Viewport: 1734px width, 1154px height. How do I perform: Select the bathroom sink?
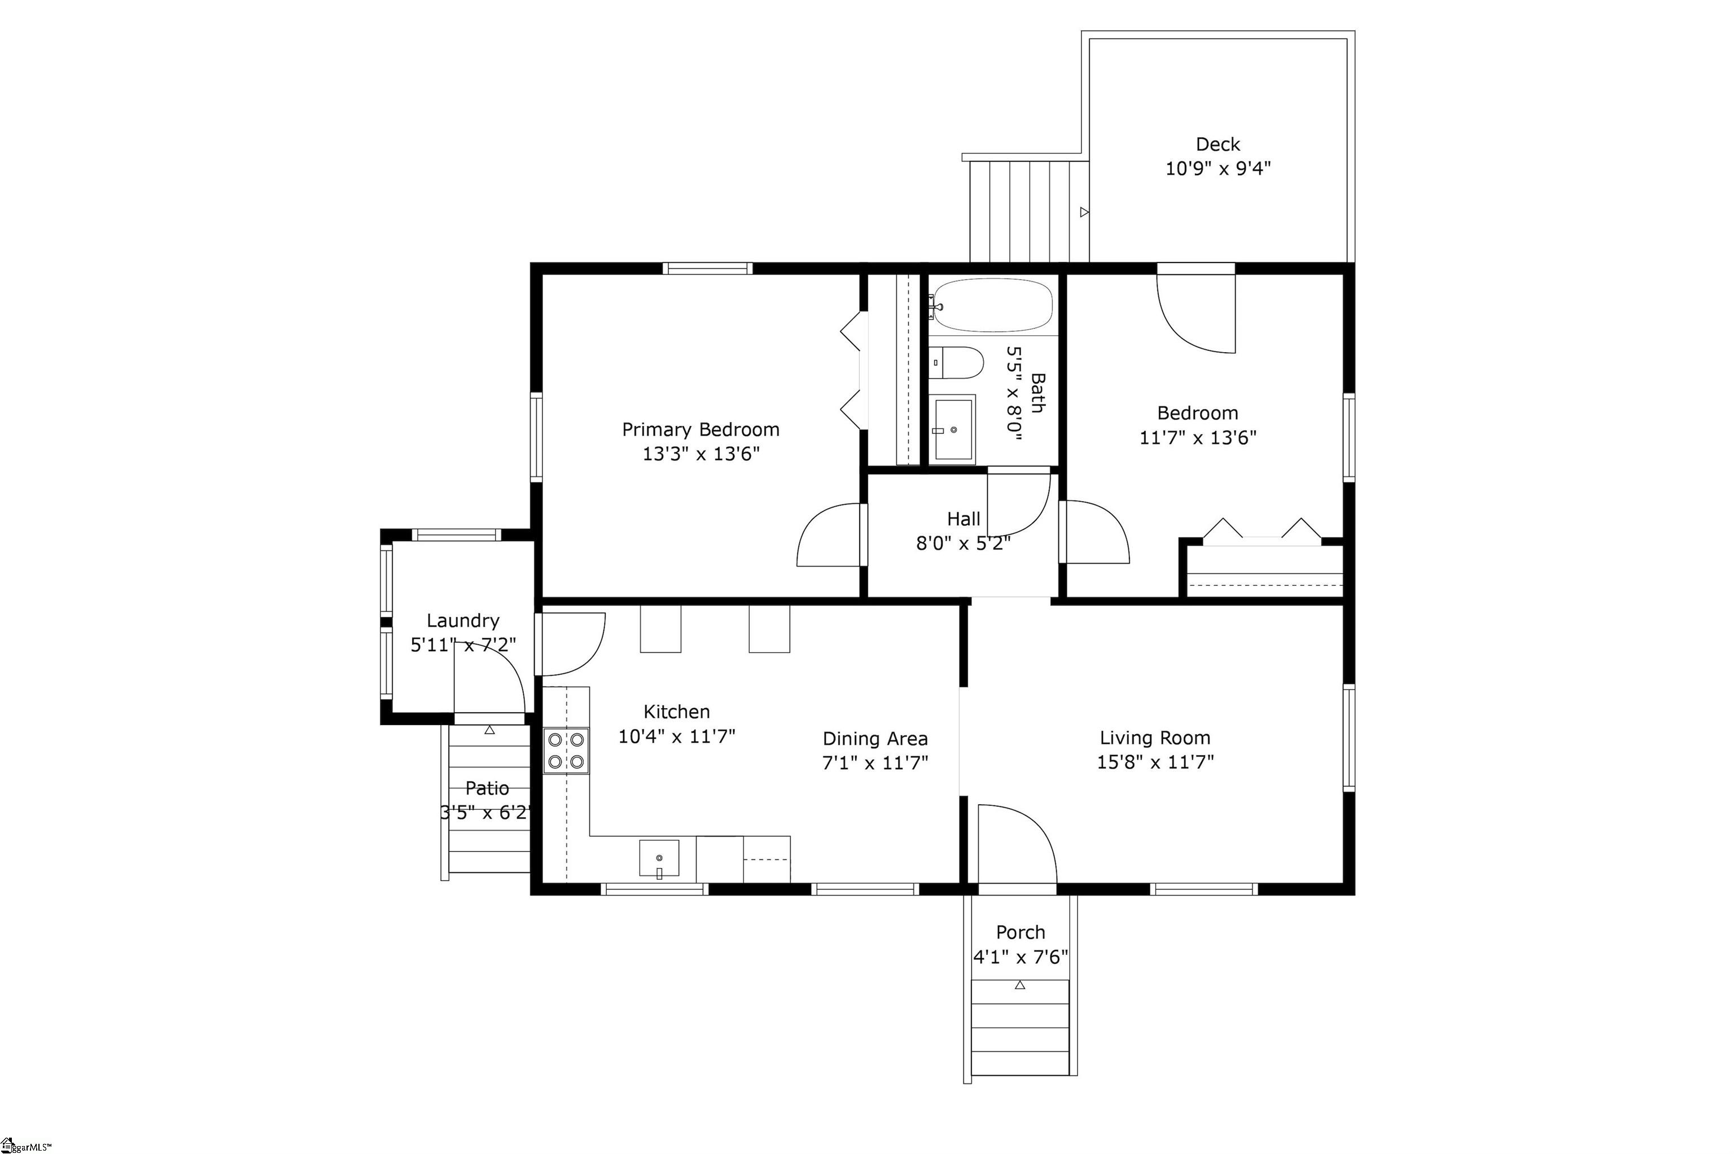pos(953,428)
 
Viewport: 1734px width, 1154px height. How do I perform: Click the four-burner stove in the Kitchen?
pos(566,750)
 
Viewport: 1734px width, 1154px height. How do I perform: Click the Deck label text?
pos(1218,144)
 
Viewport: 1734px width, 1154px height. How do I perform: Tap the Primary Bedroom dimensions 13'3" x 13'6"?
pos(700,453)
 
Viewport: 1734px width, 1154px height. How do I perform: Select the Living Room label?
pos(1155,738)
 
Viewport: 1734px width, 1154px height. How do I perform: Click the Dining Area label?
pos(875,738)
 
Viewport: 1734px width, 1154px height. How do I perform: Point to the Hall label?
pos(964,519)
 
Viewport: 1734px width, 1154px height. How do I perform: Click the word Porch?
pos(1020,932)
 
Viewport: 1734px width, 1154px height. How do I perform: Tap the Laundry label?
pos(463,620)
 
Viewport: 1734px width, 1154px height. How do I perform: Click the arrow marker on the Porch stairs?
pos(1019,985)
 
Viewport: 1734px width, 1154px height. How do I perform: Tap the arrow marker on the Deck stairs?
pos(1084,212)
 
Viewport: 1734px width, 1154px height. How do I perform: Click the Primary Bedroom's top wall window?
pos(707,268)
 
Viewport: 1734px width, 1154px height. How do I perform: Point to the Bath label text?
pos(1036,393)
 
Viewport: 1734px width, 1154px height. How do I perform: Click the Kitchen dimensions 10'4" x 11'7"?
pos(676,736)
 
